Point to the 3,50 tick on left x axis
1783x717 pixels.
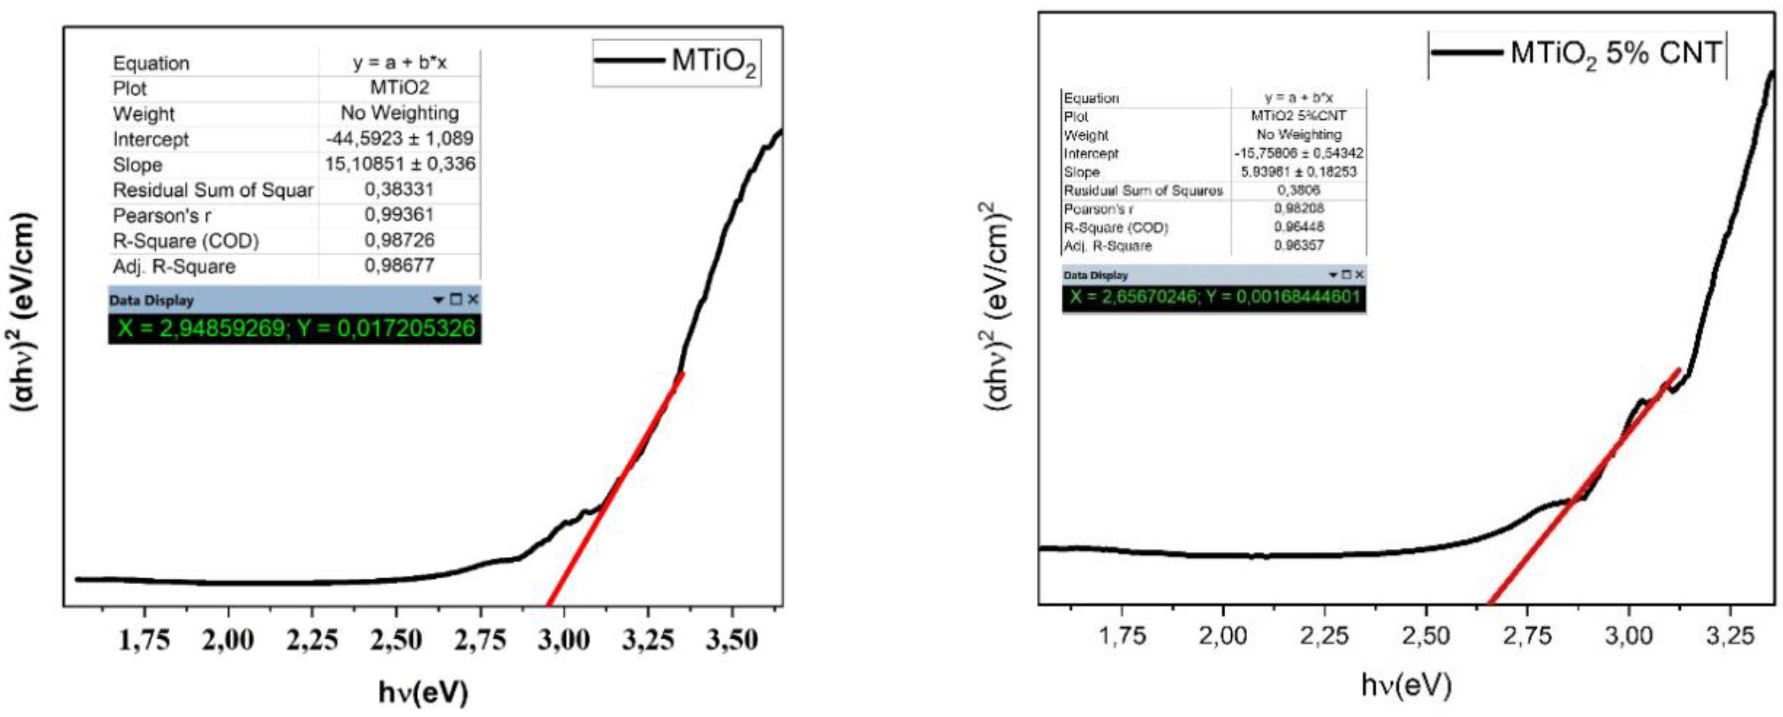[732, 640]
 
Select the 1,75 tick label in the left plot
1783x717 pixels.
[144, 640]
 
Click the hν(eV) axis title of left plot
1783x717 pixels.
[423, 692]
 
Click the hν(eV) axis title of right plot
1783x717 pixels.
[1406, 686]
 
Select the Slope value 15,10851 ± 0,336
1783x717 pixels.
[400, 164]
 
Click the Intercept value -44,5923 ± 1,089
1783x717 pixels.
[400, 138]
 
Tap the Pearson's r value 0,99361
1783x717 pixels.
[399, 215]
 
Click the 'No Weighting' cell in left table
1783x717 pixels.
[399, 113]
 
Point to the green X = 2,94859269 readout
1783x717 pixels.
[296, 328]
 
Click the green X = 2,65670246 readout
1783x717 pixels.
[1214, 298]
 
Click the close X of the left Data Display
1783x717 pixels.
[473, 300]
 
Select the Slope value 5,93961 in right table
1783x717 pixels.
[1299, 172]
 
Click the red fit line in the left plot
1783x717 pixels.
[616, 488]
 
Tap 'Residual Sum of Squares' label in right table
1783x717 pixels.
[1143, 190]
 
